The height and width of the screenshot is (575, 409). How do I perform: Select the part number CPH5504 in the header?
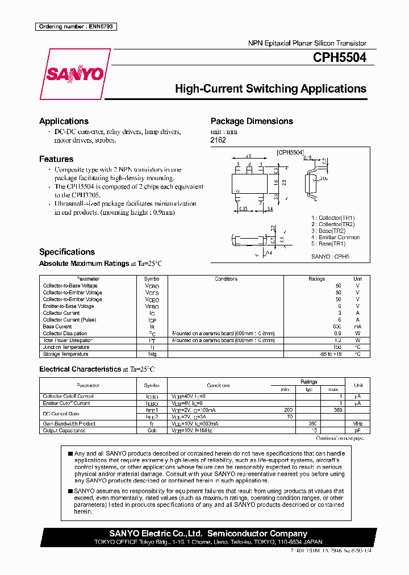[x=339, y=57]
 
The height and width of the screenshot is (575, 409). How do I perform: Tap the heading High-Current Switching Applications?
[x=270, y=89]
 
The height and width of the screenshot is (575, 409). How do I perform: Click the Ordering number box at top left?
[x=76, y=27]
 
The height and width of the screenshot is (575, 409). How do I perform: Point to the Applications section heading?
[x=64, y=121]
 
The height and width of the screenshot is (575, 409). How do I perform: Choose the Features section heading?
[x=56, y=159]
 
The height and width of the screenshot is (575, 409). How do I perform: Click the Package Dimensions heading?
[x=252, y=121]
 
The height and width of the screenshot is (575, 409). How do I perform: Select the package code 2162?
[x=218, y=140]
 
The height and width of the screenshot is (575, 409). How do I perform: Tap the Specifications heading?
[x=67, y=252]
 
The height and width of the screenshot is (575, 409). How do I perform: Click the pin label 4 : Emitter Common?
[x=335, y=238]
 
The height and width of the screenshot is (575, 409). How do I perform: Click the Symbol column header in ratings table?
[x=152, y=279]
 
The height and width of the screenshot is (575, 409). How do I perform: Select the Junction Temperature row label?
[x=66, y=347]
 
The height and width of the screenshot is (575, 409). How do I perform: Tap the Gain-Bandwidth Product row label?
[x=69, y=423]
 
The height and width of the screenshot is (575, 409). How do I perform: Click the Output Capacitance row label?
[x=65, y=430]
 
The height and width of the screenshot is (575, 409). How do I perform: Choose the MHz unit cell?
[x=357, y=423]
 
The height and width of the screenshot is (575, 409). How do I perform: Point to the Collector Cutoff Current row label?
[x=68, y=396]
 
